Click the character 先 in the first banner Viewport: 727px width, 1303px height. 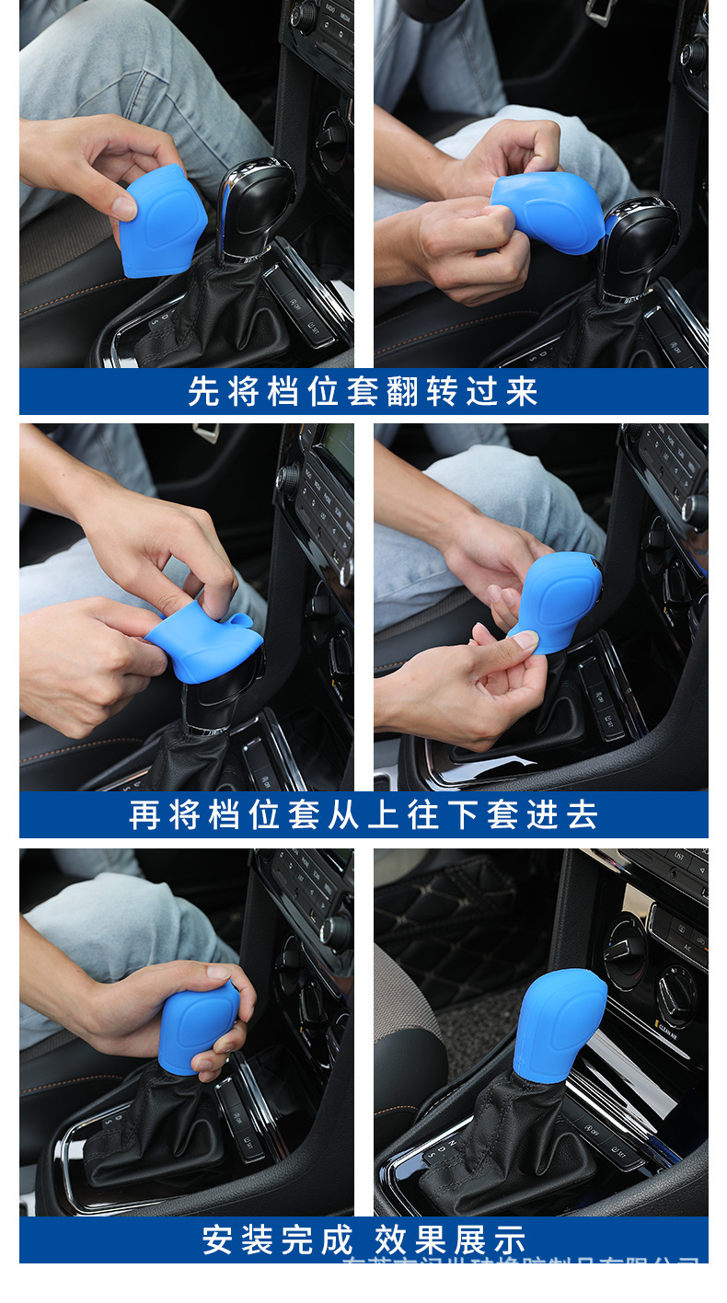(x=203, y=392)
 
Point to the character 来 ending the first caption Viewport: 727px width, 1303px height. (x=522, y=392)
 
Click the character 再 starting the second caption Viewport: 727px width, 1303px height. (x=145, y=815)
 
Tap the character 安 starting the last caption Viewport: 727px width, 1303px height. (x=218, y=1240)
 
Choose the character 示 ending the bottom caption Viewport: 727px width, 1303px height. (x=511, y=1240)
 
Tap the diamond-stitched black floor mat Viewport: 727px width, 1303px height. (x=442, y=911)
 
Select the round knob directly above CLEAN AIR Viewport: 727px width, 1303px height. (x=677, y=994)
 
